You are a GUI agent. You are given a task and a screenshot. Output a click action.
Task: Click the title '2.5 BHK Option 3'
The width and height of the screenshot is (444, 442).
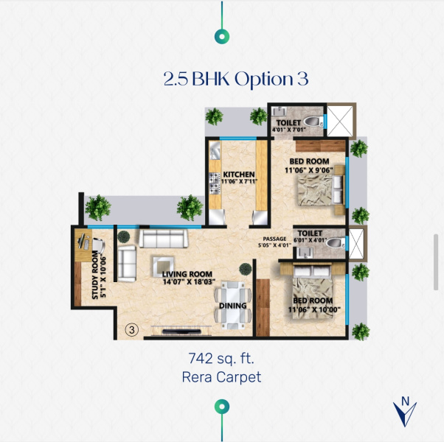coord(236,79)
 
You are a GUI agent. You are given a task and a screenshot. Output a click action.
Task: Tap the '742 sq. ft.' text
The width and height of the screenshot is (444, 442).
coord(221,358)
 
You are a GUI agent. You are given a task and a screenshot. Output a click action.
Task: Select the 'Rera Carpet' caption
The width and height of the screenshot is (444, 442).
coord(221,377)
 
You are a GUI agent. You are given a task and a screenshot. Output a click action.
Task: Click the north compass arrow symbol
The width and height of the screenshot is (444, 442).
coord(405,412)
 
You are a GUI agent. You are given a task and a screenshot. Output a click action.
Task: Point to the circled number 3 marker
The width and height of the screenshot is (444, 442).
coord(132,330)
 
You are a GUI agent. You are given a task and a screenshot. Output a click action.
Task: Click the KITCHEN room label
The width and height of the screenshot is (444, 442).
coord(239,174)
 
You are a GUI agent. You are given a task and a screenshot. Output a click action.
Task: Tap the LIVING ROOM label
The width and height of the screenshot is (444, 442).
coord(187,274)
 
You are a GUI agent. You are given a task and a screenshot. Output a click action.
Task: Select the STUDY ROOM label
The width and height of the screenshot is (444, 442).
coord(95,275)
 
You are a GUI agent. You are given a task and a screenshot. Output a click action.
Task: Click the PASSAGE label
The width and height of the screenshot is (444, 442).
coord(274,239)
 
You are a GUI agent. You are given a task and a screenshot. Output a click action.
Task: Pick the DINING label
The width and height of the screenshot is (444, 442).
coord(233,306)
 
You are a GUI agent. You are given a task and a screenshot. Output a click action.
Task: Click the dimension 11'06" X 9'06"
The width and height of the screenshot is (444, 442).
coord(309,170)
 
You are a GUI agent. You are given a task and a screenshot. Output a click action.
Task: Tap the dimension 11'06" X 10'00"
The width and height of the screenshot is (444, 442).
coord(314,309)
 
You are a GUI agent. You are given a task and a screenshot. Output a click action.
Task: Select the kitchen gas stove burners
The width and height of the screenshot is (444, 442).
coord(215,183)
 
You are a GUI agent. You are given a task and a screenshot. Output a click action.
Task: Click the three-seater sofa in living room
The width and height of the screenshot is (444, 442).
coord(164,238)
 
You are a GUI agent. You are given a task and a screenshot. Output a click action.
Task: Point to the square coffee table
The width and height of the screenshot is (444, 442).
coord(164,267)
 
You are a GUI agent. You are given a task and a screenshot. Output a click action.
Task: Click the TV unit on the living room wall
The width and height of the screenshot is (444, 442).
coord(181,331)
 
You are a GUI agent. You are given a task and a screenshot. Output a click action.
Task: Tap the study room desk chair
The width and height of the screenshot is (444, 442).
coord(98,245)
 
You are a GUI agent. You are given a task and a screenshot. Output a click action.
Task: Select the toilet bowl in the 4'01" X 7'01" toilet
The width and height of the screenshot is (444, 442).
coord(313,122)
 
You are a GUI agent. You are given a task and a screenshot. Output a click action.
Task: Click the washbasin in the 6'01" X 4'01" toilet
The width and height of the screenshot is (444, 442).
coord(305,253)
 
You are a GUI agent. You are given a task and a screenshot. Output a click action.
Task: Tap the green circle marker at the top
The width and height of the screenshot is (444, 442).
coord(222,37)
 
